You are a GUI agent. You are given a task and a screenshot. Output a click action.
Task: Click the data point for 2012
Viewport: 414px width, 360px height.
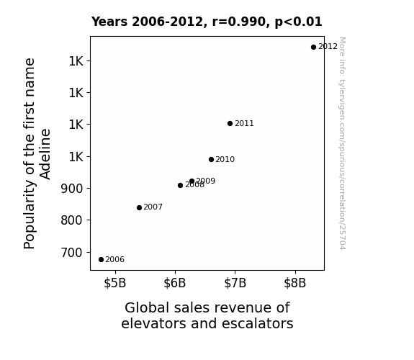click(313, 48)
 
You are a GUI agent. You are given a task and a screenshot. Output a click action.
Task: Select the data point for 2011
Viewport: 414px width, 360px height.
click(230, 123)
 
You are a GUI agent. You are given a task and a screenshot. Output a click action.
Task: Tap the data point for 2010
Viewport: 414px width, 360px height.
click(211, 159)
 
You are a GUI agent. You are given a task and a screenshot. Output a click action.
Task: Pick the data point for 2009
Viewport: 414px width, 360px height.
click(192, 181)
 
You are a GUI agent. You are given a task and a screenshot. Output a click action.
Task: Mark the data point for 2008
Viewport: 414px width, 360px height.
click(180, 186)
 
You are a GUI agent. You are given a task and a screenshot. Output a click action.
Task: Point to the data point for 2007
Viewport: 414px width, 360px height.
click(140, 207)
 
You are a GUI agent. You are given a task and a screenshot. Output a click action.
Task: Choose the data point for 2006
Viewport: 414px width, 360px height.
click(101, 260)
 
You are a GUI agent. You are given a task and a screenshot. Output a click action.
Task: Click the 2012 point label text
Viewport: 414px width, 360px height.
click(328, 47)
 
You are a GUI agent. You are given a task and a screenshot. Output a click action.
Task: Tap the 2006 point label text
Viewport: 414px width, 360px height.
click(115, 260)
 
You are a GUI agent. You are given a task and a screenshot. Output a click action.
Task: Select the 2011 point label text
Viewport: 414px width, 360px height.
click(244, 123)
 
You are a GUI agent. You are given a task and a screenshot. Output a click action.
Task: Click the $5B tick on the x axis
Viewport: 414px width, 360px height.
click(115, 283)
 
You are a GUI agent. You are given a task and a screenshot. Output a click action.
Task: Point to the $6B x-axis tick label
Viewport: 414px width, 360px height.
click(175, 283)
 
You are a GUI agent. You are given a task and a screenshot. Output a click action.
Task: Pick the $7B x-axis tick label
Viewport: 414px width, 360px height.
click(235, 283)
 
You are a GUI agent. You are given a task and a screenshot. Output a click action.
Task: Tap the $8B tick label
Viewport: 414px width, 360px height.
click(295, 283)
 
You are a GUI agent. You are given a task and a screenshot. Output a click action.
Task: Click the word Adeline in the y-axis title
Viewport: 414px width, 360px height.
click(45, 154)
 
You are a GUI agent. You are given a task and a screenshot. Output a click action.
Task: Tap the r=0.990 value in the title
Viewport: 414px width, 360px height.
click(239, 22)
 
